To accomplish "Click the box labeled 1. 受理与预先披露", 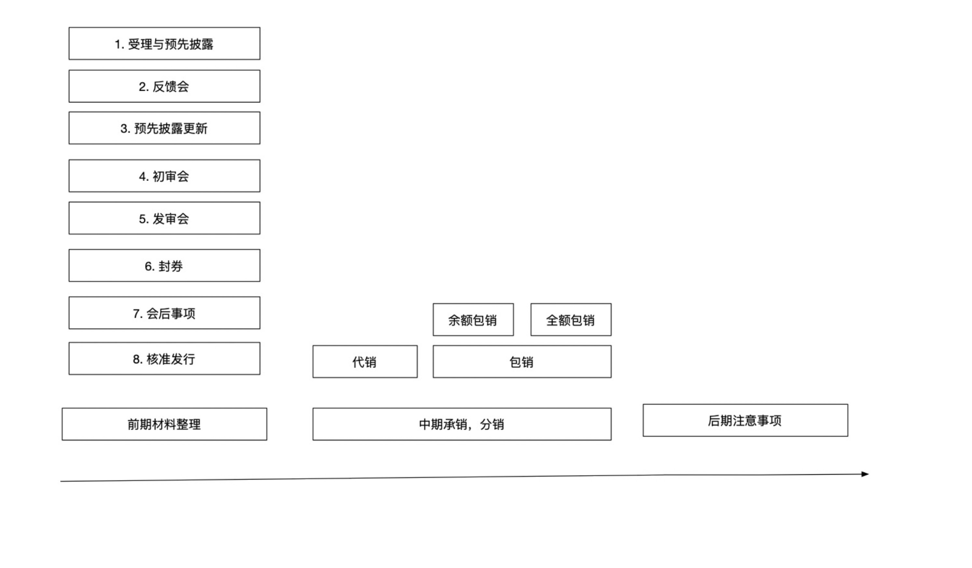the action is pyautogui.click(x=164, y=44).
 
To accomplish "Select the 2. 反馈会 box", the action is pyautogui.click(x=164, y=86).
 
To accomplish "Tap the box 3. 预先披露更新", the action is pyautogui.click(x=164, y=128).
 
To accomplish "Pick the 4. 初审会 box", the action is pyautogui.click(x=164, y=176).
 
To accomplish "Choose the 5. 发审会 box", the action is pyautogui.click(x=164, y=218).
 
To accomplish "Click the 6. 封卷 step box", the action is pyautogui.click(x=164, y=266).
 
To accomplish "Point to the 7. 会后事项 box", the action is pyautogui.click(x=164, y=313).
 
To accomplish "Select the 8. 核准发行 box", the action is pyautogui.click(x=164, y=359).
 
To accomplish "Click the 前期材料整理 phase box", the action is pyautogui.click(x=164, y=424).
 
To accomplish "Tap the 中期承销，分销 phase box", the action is pyautogui.click(x=462, y=424).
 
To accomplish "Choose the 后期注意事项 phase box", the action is pyautogui.click(x=745, y=420).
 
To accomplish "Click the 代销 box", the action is pyautogui.click(x=365, y=361).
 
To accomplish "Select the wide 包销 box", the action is pyautogui.click(x=522, y=361).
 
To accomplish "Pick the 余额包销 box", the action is pyautogui.click(x=473, y=320).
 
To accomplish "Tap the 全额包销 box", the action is pyautogui.click(x=571, y=320).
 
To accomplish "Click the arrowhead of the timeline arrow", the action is pyautogui.click(x=866, y=474).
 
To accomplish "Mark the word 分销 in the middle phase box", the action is pyautogui.click(x=492, y=425).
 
